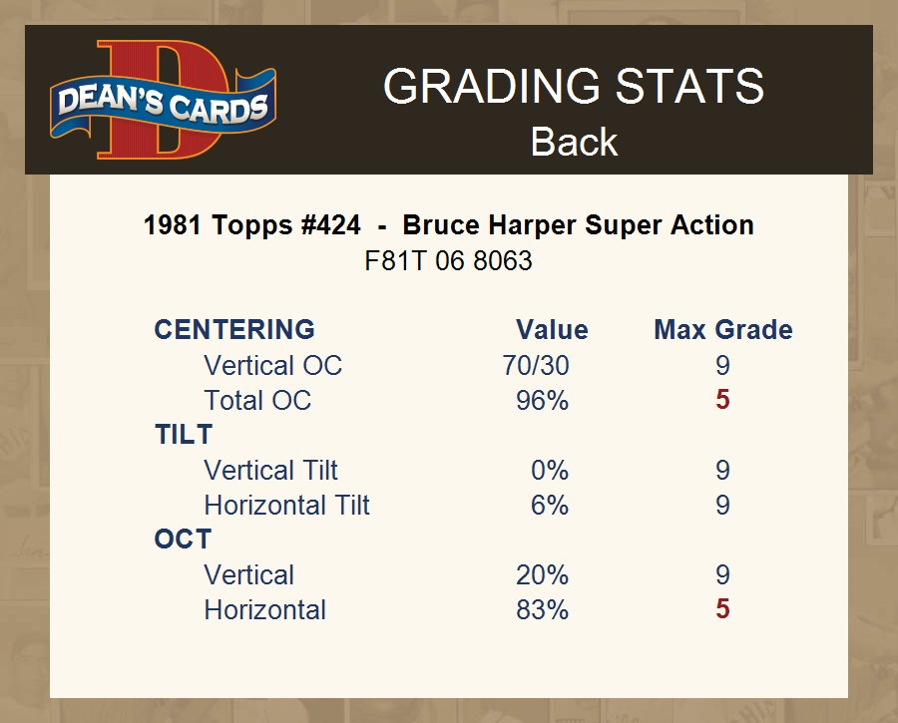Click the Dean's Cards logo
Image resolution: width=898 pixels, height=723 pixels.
pos(164,100)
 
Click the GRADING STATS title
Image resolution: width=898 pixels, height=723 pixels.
pos(574,86)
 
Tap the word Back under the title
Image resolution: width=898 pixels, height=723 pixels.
pos(574,142)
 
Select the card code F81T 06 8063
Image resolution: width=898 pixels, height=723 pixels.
pos(448,261)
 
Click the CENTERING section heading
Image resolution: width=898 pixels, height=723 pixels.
pos(234,330)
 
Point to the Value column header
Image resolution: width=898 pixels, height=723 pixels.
pos(552,330)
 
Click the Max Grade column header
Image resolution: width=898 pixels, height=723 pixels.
pos(723,330)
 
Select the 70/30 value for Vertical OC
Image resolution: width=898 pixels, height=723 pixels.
pos(536,365)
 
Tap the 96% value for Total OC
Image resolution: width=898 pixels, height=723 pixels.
pos(543,400)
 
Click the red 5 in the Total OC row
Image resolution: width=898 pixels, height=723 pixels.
pos(722,400)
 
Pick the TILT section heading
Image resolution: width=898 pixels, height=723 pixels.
pos(184,435)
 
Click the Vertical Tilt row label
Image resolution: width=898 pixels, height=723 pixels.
pos(270,470)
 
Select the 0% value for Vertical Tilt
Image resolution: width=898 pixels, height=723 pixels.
pos(550,470)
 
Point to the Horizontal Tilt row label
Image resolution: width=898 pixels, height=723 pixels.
pos(287,505)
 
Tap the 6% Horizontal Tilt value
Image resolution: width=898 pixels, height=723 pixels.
pos(550,505)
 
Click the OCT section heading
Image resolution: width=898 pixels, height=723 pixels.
pos(183,540)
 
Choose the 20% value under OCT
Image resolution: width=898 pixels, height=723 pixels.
pos(543,574)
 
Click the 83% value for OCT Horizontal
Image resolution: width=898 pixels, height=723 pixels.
pos(543,609)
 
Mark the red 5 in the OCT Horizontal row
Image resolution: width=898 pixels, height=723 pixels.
pos(722,608)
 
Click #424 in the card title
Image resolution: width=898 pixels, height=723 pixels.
pos(331,225)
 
